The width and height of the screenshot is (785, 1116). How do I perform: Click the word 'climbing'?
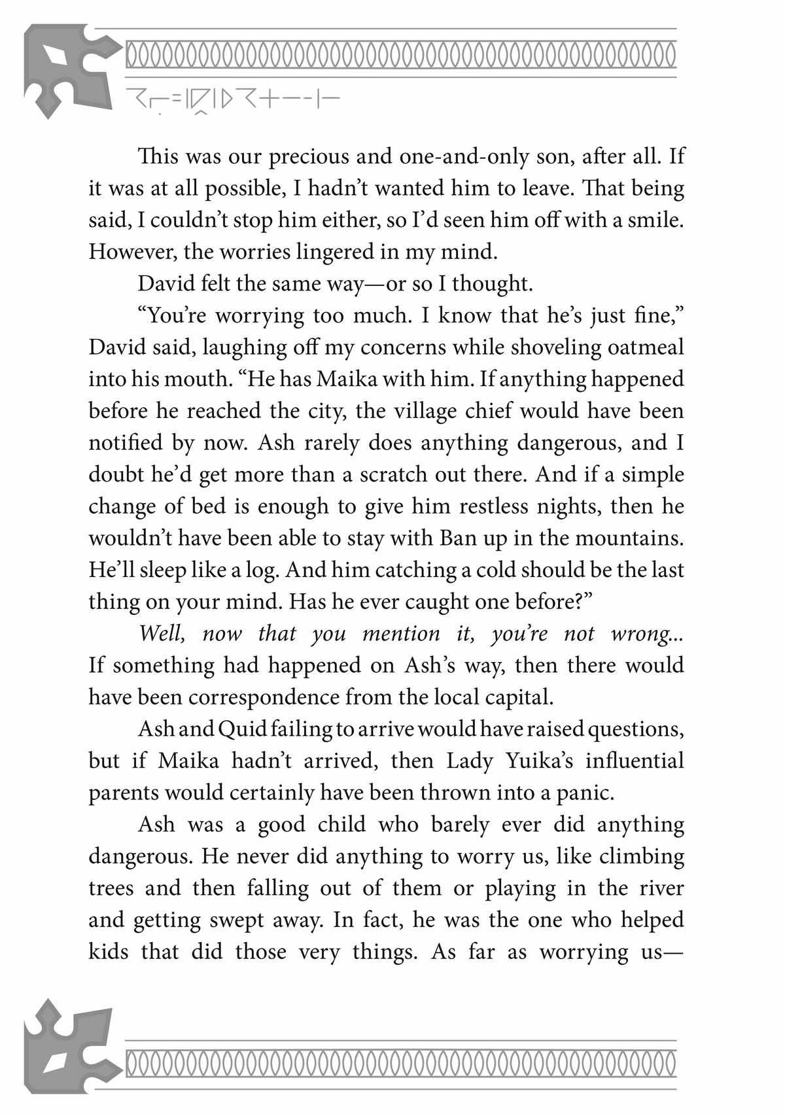point(641,857)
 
